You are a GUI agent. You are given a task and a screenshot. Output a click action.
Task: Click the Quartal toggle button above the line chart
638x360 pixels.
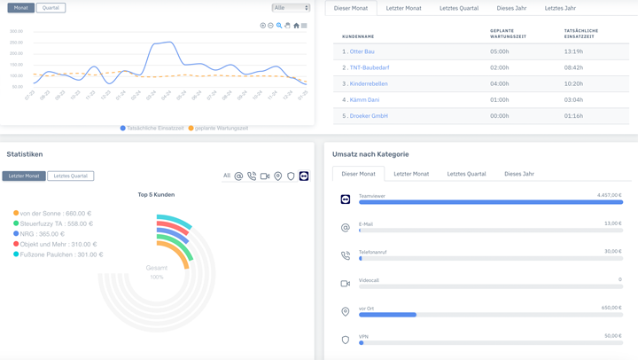click(51, 8)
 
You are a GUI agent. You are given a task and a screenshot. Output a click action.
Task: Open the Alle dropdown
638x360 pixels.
click(291, 8)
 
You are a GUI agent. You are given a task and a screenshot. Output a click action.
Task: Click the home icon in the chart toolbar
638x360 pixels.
click(296, 26)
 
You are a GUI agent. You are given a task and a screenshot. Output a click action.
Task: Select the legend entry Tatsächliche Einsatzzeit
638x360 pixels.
click(152, 129)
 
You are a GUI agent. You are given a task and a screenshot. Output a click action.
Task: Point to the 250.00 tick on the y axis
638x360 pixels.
click(16, 43)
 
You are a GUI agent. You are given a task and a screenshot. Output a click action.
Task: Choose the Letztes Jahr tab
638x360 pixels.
click(560, 8)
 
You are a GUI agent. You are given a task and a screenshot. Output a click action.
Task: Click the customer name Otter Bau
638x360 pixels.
click(362, 51)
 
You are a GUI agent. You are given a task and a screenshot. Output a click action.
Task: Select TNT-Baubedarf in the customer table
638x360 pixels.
click(369, 67)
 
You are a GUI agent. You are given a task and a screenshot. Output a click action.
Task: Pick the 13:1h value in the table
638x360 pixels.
click(573, 51)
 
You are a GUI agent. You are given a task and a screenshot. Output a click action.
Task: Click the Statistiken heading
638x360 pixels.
click(25, 154)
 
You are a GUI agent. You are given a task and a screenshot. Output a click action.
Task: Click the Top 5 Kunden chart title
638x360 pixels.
click(156, 194)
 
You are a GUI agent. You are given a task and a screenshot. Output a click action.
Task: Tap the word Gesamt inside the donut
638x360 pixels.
click(157, 268)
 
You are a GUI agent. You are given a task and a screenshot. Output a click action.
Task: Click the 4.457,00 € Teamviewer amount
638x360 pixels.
click(609, 195)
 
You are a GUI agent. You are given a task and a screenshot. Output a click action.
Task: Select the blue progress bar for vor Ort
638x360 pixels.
click(387, 315)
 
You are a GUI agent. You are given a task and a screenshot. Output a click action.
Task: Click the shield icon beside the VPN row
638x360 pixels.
click(346, 340)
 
